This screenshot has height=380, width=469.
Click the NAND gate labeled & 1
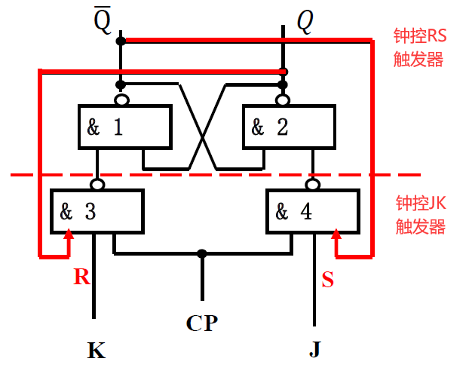[x=124, y=127]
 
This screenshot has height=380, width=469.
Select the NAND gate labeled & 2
[x=287, y=127]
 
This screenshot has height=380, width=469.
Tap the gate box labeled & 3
[x=96, y=212]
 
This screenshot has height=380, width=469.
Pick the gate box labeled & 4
[x=311, y=212]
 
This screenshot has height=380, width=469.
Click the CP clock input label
[x=202, y=323]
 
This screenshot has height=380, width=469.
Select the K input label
[x=96, y=351]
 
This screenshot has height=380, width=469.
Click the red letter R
[x=81, y=277]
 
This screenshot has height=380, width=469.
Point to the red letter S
[x=327, y=280]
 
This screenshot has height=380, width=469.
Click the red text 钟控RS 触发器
[x=420, y=47]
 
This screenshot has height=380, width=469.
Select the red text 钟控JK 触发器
[x=420, y=215]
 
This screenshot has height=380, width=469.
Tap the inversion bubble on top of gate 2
[x=283, y=100]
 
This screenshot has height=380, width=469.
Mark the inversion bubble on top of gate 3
[x=97, y=184]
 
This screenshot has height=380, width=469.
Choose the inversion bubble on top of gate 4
[x=312, y=184]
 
